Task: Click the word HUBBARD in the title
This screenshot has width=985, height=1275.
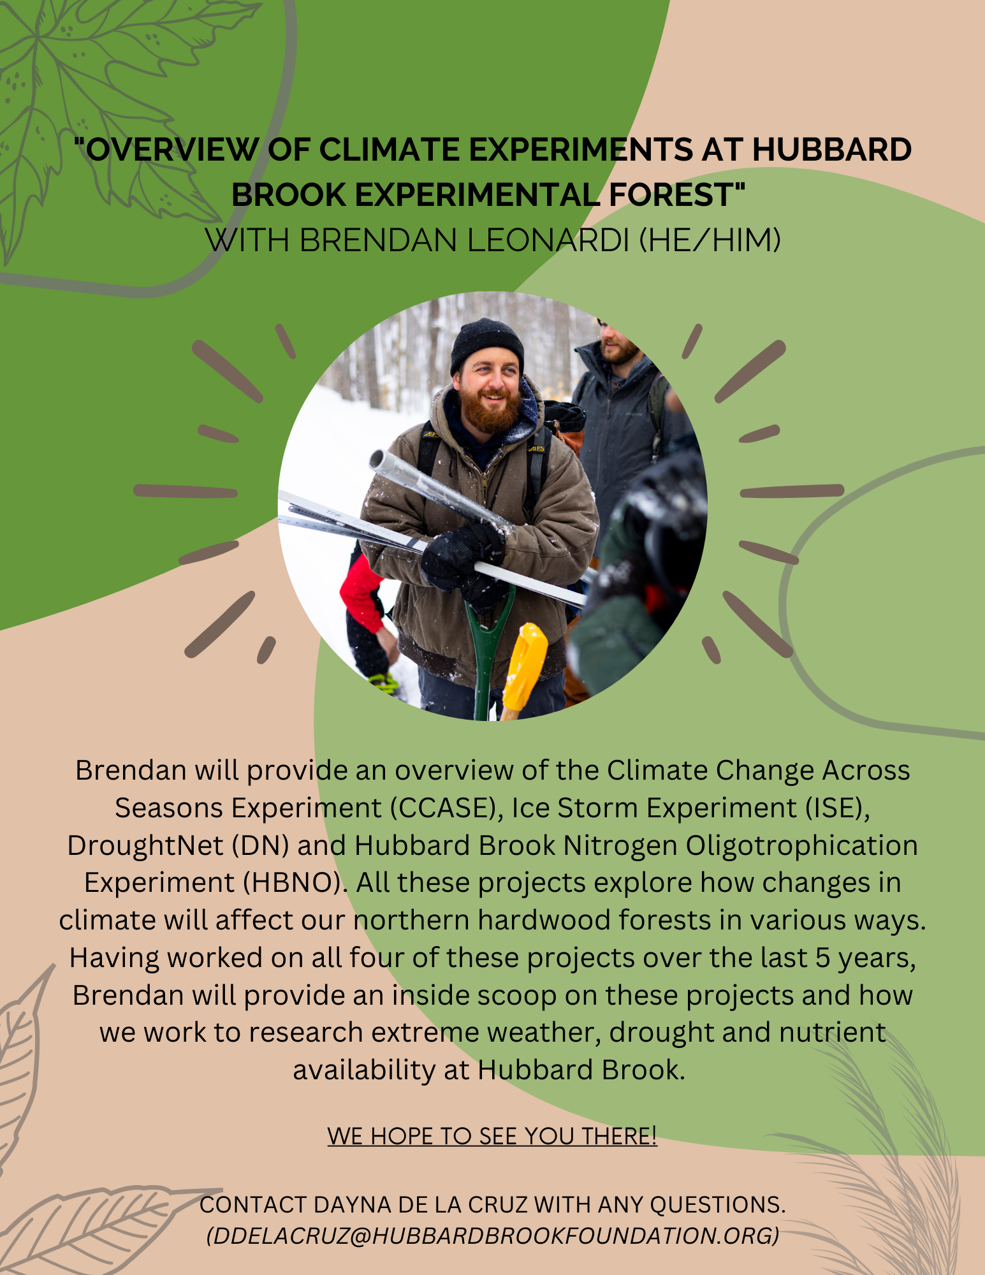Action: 832,150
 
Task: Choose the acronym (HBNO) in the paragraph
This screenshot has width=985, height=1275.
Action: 295,883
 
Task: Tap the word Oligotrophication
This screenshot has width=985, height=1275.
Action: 801,846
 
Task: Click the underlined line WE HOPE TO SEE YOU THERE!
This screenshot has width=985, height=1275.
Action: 492,1135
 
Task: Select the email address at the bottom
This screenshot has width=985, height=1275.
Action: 493,1235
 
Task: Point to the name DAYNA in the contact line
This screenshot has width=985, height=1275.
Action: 353,1204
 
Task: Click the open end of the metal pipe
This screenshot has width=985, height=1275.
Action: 377,460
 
